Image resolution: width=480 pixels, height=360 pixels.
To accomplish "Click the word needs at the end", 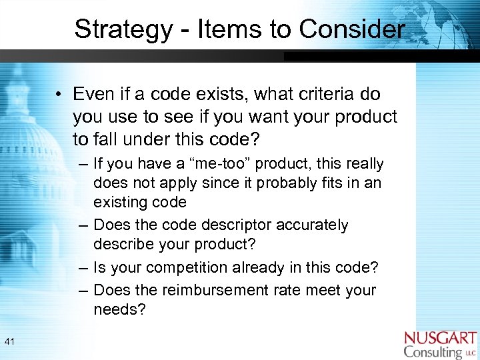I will click(119, 309).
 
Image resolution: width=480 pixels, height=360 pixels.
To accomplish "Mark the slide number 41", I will click(10, 342).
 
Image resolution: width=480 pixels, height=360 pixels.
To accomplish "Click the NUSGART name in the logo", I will click(440, 339).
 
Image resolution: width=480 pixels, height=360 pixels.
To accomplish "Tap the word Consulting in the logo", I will click(433, 352).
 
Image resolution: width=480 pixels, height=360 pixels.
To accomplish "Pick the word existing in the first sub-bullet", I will click(120, 202).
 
